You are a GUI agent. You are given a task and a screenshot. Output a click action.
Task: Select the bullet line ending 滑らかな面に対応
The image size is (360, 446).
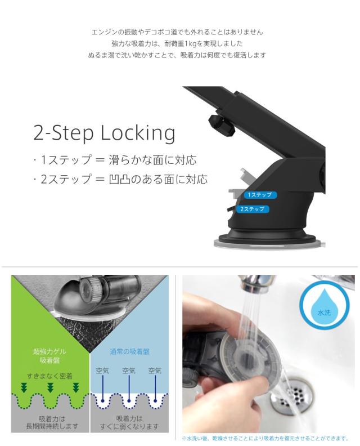tap(115, 160)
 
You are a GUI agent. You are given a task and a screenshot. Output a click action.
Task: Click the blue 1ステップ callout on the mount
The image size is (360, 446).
tap(258, 195)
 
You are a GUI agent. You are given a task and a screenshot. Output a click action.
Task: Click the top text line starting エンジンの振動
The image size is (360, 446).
tap(177, 32)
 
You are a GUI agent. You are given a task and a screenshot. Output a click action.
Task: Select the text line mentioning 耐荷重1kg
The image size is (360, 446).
tap(177, 43)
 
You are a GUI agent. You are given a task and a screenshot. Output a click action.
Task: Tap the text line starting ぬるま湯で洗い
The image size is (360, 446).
tap(177, 55)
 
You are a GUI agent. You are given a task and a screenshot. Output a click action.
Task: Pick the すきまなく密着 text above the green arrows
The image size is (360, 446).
tap(49, 376)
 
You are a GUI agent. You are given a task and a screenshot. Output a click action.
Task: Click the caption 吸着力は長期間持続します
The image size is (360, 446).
tap(49, 422)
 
